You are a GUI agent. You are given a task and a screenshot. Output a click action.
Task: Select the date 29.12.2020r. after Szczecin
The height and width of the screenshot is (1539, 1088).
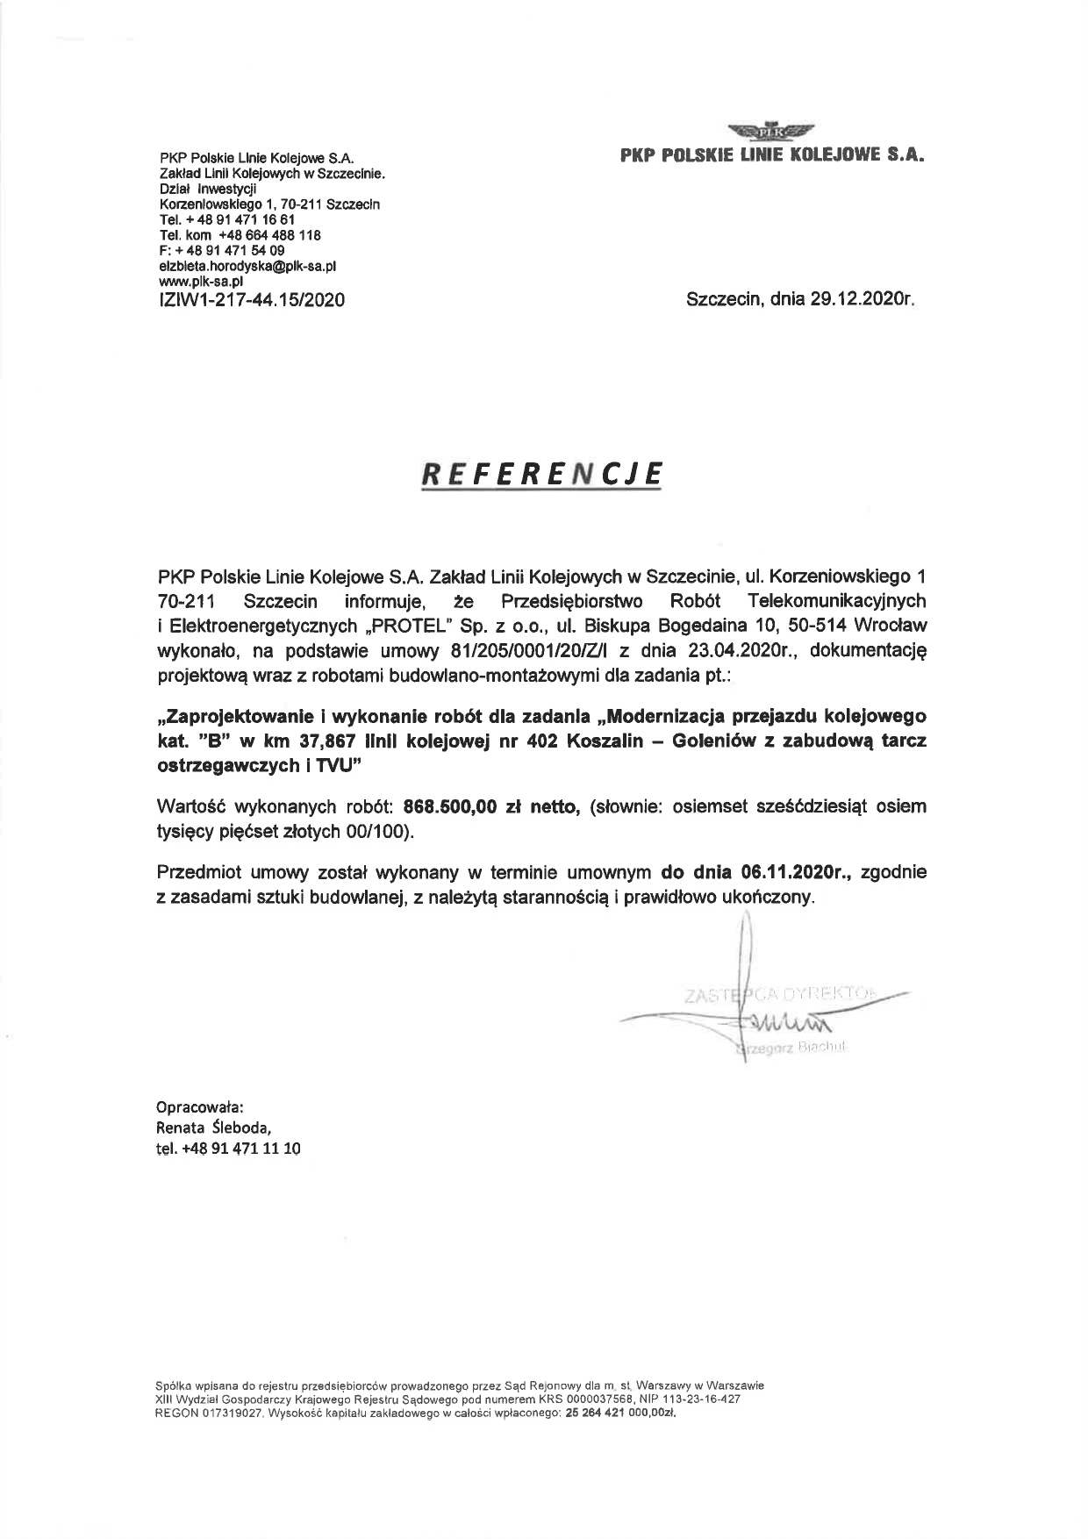(x=863, y=300)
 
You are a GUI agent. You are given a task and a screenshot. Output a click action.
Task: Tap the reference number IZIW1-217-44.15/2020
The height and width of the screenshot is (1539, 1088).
(x=252, y=300)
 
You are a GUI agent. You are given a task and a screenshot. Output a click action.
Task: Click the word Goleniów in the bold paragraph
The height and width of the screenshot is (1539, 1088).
(x=706, y=741)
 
